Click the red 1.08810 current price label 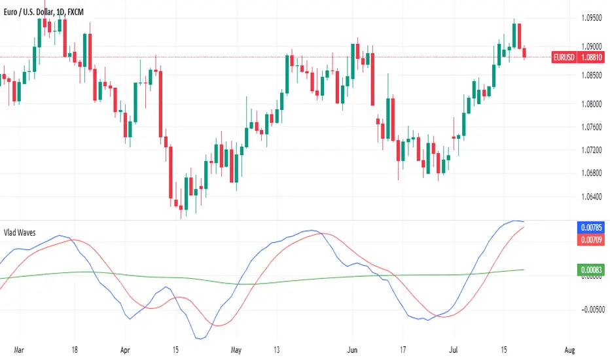pyautogui.click(x=593, y=58)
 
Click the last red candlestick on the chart pyautogui.click(x=525, y=53)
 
